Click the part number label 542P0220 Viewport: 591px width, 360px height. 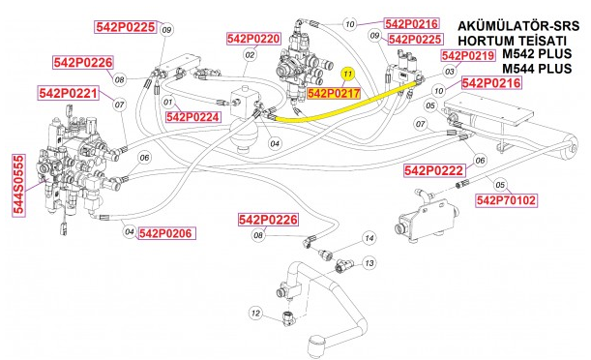253,39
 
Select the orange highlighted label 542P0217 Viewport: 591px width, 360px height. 334,94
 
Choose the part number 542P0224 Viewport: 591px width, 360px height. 194,116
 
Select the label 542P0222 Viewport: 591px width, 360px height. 434,170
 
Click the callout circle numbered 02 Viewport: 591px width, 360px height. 249,55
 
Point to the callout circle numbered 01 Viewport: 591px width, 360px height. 167,101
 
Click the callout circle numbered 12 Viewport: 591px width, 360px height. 255,313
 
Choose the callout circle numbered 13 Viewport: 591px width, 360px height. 368,262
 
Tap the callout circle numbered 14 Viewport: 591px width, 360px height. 369,238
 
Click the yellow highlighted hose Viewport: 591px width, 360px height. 348,107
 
